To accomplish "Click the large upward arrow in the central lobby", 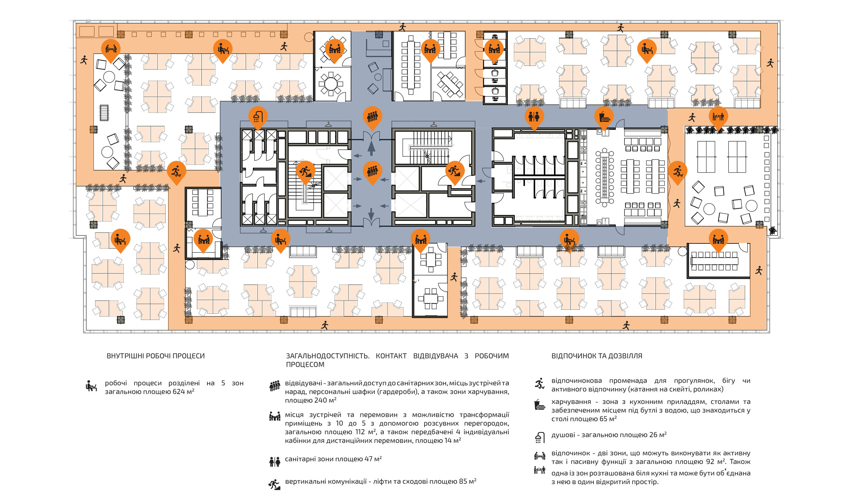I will (371, 148).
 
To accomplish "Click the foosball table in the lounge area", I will (104, 113).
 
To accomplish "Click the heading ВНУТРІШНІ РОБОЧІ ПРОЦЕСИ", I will (155, 356).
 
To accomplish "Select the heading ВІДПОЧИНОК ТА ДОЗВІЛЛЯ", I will (597, 356).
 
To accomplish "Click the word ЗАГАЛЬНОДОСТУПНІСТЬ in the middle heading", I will (327, 356).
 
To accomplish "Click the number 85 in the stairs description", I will (463, 482).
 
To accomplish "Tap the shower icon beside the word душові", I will (540, 438).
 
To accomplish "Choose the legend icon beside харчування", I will (540, 405).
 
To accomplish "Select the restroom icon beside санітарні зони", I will (275, 462).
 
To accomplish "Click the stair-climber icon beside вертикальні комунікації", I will (274, 484).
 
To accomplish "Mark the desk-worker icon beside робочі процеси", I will (91, 386).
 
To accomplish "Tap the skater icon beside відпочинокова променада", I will (540, 383).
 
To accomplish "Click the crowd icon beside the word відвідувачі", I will (275, 386).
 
